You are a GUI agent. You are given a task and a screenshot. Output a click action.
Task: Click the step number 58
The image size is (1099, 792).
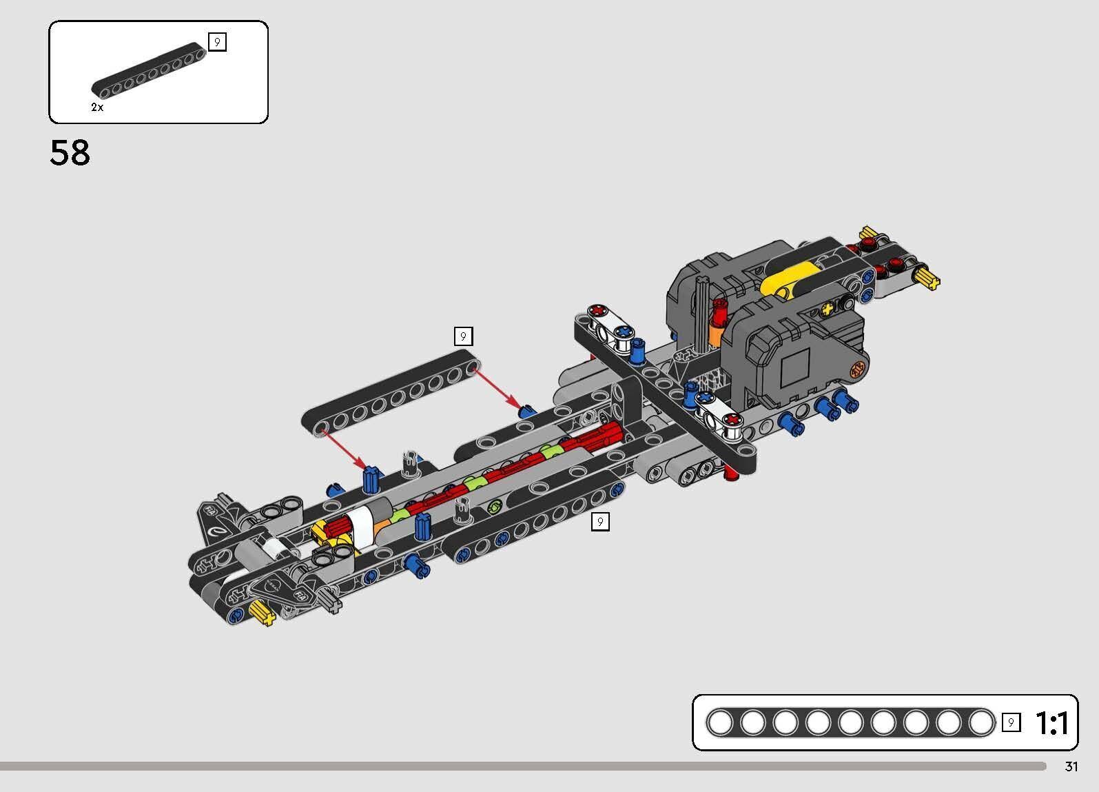[x=70, y=152]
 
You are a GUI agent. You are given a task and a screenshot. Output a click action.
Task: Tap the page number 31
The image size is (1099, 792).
[x=1071, y=766]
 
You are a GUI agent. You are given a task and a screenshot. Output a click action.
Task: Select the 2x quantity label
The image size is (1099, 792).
[x=97, y=108]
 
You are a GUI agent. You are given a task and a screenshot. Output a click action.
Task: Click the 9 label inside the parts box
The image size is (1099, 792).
[x=217, y=43]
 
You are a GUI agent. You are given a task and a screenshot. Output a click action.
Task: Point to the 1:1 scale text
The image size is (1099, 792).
[x=1051, y=723]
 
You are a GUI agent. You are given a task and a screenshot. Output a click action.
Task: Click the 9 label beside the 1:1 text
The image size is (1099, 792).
[x=1010, y=722]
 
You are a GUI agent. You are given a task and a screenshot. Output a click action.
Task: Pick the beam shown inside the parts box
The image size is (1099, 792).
[x=149, y=70]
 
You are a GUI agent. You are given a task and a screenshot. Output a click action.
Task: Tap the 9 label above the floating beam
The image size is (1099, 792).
[x=463, y=336]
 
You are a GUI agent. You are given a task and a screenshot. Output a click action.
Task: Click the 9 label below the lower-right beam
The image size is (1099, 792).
[x=599, y=522]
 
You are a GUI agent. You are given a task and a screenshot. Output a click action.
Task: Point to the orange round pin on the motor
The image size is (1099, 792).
[x=857, y=370]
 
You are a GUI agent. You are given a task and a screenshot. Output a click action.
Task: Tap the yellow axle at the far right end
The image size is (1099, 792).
[x=927, y=278]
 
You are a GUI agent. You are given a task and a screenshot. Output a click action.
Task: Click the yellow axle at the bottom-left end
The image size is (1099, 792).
[x=262, y=612]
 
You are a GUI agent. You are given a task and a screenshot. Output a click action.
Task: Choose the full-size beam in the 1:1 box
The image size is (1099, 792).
[x=850, y=723]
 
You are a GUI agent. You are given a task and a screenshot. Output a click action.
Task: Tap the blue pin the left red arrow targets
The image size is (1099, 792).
[x=371, y=478]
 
